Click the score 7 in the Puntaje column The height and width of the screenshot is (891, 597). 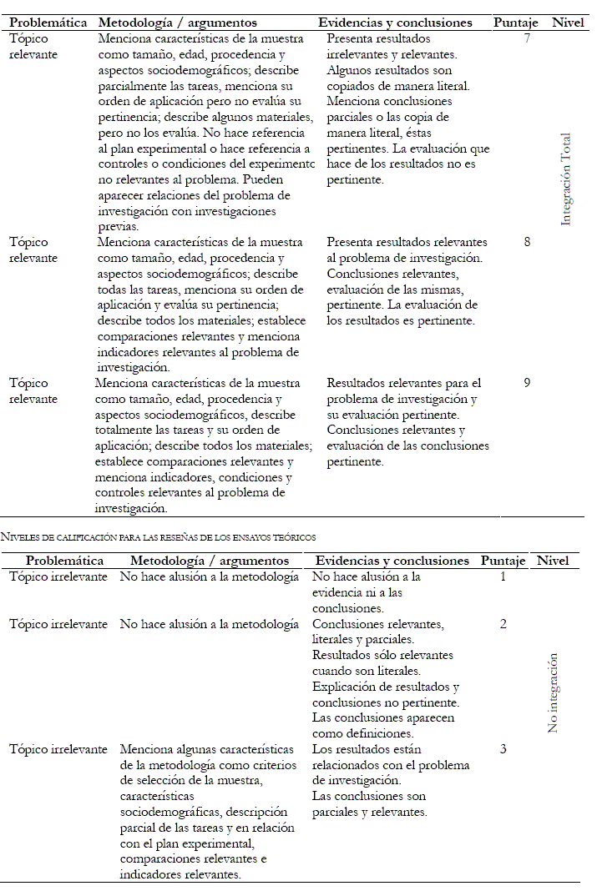click(x=527, y=38)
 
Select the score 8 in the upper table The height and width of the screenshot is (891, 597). click(x=527, y=241)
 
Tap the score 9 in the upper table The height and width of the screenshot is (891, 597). click(x=527, y=383)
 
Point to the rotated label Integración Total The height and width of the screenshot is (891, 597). click(x=566, y=179)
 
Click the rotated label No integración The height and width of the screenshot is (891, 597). click(x=553, y=692)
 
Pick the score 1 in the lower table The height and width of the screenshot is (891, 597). click(x=503, y=576)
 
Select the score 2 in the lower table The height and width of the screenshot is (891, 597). click(x=503, y=624)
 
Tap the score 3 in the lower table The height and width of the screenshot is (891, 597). click(x=503, y=749)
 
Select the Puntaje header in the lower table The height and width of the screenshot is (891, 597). click(x=503, y=561)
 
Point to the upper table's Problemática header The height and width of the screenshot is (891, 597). click(x=48, y=23)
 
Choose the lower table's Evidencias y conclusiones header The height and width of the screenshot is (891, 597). click(x=392, y=561)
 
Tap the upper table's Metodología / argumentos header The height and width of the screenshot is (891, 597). click(x=177, y=23)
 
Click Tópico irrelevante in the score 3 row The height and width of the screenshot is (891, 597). click(x=58, y=749)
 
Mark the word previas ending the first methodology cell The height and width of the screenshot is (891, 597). click(x=118, y=226)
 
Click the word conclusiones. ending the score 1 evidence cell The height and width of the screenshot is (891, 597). click(x=348, y=608)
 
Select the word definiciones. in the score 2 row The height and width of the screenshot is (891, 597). click(x=367, y=733)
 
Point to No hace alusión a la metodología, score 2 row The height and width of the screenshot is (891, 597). click(x=209, y=624)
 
